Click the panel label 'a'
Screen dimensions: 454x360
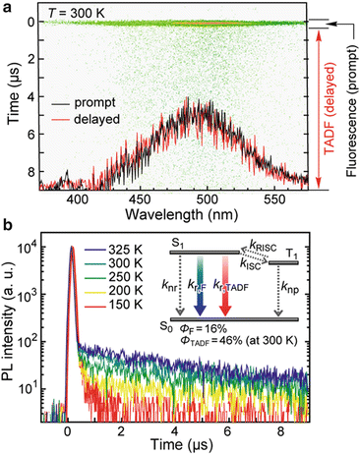pos(8,8)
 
